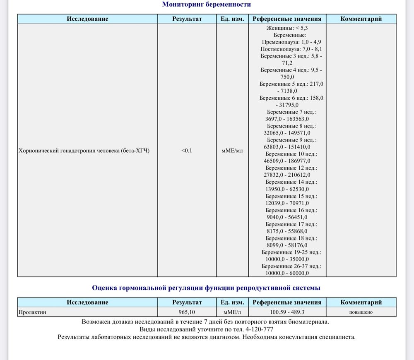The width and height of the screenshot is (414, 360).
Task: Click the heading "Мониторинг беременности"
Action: tap(206, 5)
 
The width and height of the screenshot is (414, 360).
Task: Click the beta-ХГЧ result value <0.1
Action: tap(187, 151)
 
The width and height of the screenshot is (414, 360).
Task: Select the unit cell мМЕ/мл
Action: tap(232, 151)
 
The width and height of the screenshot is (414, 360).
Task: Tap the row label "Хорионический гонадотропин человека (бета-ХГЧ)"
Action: tap(84, 151)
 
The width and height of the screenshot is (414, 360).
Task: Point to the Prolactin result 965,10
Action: tap(187, 312)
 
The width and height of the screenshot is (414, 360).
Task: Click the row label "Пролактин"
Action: tap(32, 312)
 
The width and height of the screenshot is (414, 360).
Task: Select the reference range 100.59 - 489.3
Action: tap(287, 312)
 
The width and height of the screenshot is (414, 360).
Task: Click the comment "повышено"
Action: tap(361, 312)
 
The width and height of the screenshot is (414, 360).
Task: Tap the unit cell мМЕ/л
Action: tap(232, 312)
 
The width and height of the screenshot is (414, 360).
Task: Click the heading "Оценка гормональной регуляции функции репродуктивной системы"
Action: tap(206, 288)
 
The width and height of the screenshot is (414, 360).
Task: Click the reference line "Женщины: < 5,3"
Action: tap(287, 28)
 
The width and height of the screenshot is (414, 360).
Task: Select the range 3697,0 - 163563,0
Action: tap(287, 119)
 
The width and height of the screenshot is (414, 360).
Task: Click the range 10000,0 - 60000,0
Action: tap(287, 273)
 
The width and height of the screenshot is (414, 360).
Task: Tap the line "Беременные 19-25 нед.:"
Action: tap(291, 252)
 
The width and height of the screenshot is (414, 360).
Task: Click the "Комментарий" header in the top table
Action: tap(361, 19)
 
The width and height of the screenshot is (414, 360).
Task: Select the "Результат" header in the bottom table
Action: tap(187, 302)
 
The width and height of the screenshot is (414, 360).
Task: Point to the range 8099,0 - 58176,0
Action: tap(287, 245)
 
